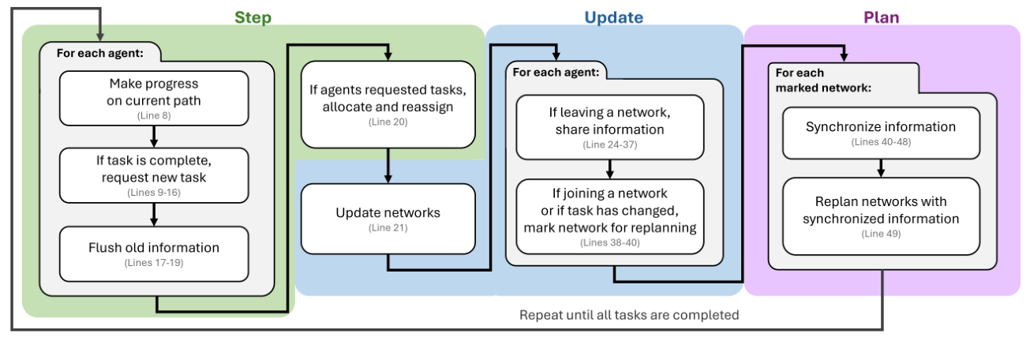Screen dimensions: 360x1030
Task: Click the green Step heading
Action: pyautogui.click(x=253, y=17)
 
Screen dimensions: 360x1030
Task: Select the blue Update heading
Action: pyautogui.click(x=613, y=17)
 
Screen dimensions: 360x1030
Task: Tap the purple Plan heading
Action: pyautogui.click(x=881, y=17)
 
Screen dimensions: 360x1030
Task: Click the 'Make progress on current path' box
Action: pyautogui.click(x=154, y=98)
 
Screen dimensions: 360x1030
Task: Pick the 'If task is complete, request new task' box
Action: pyautogui.click(x=154, y=175)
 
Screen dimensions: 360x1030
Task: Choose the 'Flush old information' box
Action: pyautogui.click(x=154, y=253)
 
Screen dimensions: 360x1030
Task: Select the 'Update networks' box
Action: pyautogui.click(x=388, y=219)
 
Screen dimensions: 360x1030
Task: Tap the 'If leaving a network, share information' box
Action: pyautogui.click(x=609, y=126)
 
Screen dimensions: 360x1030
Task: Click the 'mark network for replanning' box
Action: pyautogui.click(x=609, y=216)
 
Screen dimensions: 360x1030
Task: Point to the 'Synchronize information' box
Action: pyautogui.click(x=881, y=132)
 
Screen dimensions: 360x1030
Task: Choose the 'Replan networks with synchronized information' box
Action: pyautogui.click(x=881, y=216)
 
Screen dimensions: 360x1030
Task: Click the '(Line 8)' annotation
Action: pyautogui.click(x=154, y=115)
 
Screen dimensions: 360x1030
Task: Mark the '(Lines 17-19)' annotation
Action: pyautogui.click(x=154, y=262)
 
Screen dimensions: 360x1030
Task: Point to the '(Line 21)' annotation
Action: pyautogui.click(x=388, y=228)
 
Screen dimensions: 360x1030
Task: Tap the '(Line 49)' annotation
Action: pyautogui.click(x=881, y=234)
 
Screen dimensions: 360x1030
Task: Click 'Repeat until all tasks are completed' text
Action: pyautogui.click(x=628, y=315)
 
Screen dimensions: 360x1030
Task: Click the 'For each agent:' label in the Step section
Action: pyautogui.click(x=99, y=54)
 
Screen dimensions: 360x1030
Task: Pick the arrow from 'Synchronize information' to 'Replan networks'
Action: pyautogui.click(x=881, y=168)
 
